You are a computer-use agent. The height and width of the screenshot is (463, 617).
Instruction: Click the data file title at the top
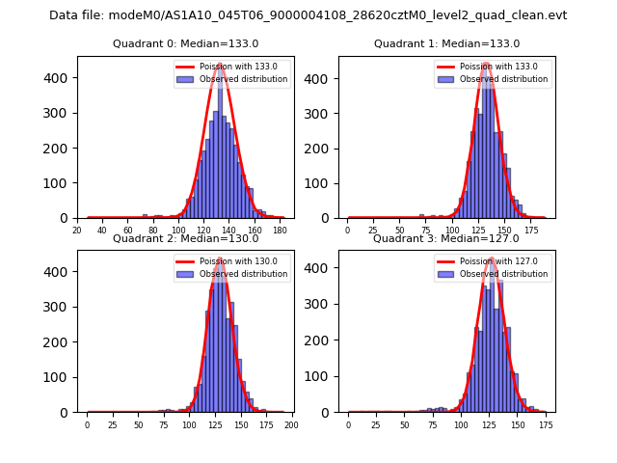pyautogui.click(x=308, y=15)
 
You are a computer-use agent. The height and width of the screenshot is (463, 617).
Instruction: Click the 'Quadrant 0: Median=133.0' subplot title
pyautogui.click(x=185, y=43)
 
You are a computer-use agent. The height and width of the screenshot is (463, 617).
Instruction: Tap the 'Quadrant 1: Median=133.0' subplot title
pyautogui.click(x=446, y=43)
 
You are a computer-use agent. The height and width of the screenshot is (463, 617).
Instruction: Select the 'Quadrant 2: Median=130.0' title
pyautogui.click(x=185, y=238)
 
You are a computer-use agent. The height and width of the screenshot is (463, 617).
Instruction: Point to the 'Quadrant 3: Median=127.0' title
pyautogui.click(x=445, y=238)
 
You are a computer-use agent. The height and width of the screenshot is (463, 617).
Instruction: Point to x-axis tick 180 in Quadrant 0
pyautogui.click(x=280, y=231)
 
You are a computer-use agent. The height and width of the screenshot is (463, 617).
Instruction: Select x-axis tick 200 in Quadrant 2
pyautogui.click(x=291, y=424)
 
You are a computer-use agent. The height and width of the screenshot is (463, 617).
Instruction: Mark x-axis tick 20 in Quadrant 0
pyautogui.click(x=77, y=231)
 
